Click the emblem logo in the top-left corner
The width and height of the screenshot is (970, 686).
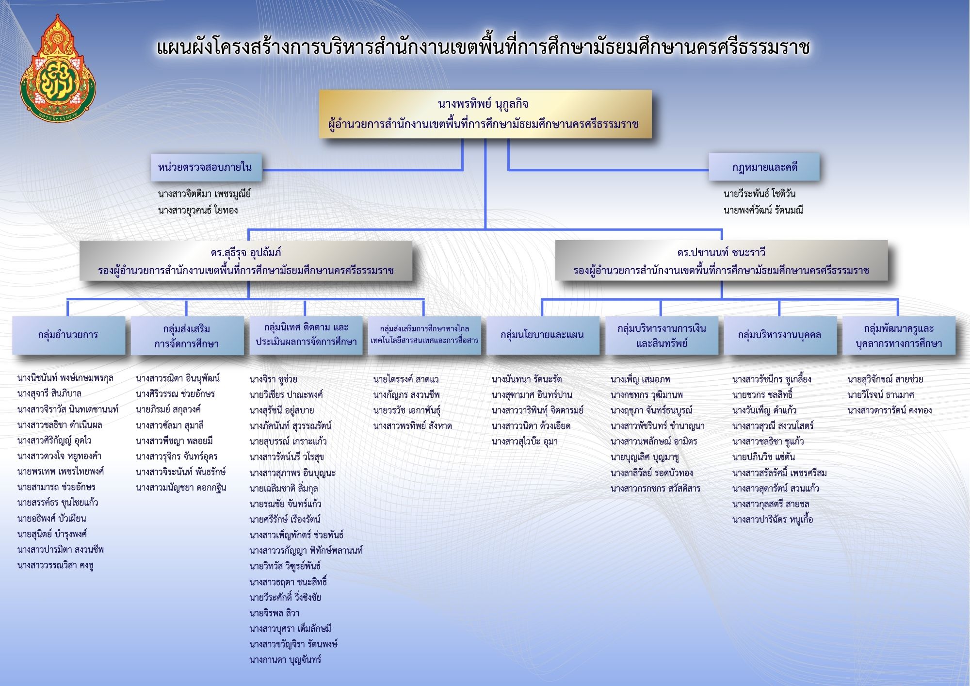[x=58, y=68]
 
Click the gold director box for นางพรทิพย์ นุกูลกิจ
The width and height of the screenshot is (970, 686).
[x=485, y=114]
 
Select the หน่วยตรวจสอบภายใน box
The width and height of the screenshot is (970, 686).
[x=206, y=167]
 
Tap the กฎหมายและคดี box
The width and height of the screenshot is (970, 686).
[x=764, y=167]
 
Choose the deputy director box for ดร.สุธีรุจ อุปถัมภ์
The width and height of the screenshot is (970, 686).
[x=246, y=261]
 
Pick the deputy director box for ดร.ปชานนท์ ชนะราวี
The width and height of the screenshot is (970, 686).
[x=721, y=261]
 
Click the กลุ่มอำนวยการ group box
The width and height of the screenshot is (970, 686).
[x=68, y=335]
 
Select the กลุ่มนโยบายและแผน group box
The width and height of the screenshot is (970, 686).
[x=542, y=335]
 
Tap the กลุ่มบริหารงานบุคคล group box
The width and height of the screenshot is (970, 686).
[x=780, y=335]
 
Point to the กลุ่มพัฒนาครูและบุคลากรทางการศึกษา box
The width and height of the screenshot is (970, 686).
[x=899, y=335]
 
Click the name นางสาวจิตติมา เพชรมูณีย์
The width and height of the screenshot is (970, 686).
[x=204, y=194]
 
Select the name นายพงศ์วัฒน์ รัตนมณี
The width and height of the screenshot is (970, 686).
[x=763, y=210]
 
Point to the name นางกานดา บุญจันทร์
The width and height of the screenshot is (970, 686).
[x=285, y=660]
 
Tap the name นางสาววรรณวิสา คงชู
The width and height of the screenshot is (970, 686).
[x=55, y=565]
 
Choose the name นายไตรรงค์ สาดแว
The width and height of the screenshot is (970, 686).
[x=406, y=379]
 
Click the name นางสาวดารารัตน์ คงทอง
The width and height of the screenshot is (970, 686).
[x=889, y=410]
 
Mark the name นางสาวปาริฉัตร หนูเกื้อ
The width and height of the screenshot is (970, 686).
[x=773, y=520]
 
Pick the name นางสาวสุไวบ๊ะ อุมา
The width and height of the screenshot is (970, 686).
[x=525, y=442]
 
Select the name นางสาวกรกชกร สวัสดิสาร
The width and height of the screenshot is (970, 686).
[x=655, y=489]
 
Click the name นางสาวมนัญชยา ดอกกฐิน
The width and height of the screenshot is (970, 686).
[x=181, y=488]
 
